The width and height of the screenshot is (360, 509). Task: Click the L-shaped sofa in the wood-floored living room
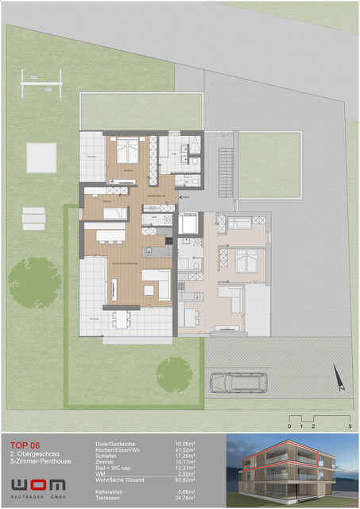157,283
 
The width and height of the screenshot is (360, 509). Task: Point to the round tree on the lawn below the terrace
173,371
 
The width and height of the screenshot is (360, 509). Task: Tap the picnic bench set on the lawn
33,216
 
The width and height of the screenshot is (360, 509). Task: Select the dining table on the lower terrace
121,317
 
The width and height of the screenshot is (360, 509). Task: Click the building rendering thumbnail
290,470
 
